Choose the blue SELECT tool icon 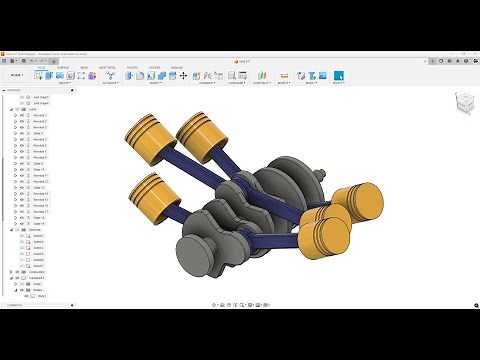pos(338,75)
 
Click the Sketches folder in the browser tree pos(35,229)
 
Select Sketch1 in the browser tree pos(39,236)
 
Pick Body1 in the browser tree pos(43,297)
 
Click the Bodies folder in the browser pos(38,290)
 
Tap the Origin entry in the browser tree pos(38,283)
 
